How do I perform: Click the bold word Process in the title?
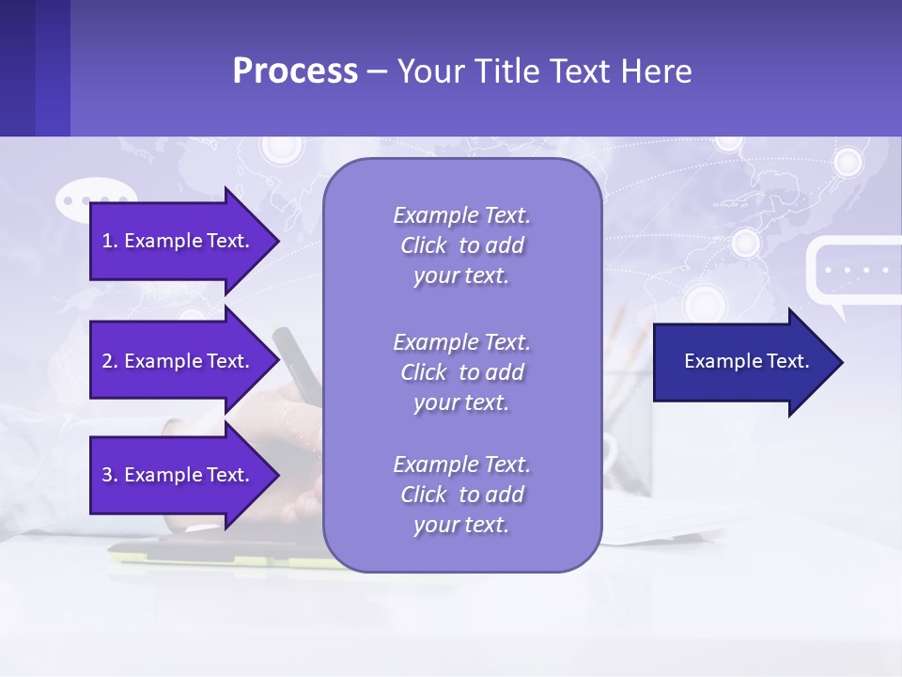pyautogui.click(x=295, y=71)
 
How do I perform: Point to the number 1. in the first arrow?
pyautogui.click(x=109, y=241)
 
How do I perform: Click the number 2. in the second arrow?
pyautogui.click(x=109, y=361)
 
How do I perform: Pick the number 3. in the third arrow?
pyautogui.click(x=109, y=475)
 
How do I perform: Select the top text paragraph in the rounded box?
pyautogui.click(x=461, y=245)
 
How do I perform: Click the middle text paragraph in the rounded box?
pyautogui.click(x=461, y=371)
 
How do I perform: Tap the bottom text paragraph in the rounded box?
pyautogui.click(x=461, y=494)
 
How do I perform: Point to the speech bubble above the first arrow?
pyautogui.click(x=94, y=199)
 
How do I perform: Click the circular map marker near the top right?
pyautogui.click(x=848, y=162)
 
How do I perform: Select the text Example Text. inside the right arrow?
pyautogui.click(x=747, y=362)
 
